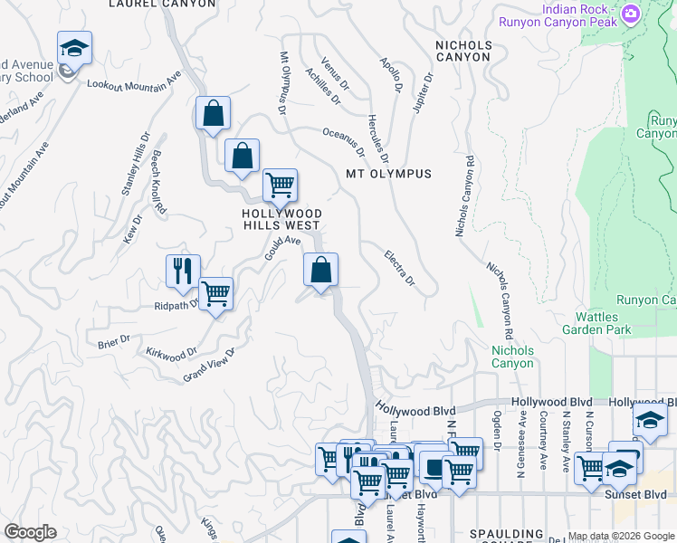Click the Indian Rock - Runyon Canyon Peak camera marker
coord(631,14)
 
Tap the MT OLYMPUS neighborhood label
coord(388,173)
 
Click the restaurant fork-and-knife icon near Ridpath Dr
coord(183,271)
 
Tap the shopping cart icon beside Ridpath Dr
coord(215,293)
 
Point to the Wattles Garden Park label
coord(603,324)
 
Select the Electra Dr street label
coord(399,269)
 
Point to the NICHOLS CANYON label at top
coord(463,51)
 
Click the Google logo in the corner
coord(30,532)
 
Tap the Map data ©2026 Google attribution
coord(621,536)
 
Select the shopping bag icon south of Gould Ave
coord(320,270)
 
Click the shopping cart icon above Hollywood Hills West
coord(281,186)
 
